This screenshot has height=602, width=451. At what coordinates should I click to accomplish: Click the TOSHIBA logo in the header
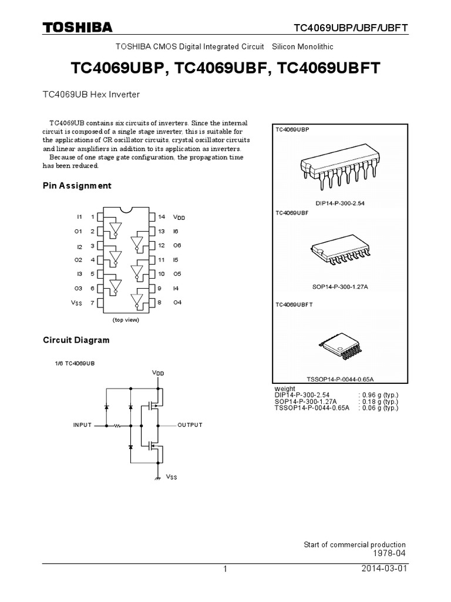click(78, 27)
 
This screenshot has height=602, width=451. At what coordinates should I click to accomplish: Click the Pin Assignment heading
click(77, 186)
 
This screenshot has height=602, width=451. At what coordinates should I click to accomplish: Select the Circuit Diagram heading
click(76, 340)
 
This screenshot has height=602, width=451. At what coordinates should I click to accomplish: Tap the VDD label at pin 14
click(179, 218)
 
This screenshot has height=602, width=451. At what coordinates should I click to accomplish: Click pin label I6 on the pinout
click(176, 231)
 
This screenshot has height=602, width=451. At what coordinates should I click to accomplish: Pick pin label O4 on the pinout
click(177, 303)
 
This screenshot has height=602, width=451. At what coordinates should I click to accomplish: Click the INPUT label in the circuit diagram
click(82, 424)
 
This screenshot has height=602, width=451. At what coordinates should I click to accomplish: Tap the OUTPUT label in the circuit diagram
click(190, 424)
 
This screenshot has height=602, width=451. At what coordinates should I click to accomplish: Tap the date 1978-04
click(389, 554)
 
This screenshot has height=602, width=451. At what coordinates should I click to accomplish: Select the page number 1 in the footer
click(225, 570)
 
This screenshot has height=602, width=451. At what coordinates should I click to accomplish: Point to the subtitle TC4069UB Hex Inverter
click(91, 94)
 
